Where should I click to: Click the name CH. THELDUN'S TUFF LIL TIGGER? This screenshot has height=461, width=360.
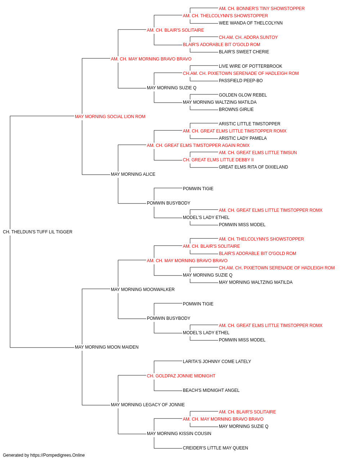click(x=37, y=232)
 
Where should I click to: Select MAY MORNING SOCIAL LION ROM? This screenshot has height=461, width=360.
click(x=110, y=117)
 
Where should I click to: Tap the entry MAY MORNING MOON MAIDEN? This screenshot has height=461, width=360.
click(x=107, y=347)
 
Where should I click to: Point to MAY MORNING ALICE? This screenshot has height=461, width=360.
click(x=133, y=174)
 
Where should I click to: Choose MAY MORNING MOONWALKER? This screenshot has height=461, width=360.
click(x=143, y=289)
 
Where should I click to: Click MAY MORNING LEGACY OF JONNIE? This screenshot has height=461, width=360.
click(x=148, y=404)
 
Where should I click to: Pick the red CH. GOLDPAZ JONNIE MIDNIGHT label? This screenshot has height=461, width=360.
click(x=181, y=376)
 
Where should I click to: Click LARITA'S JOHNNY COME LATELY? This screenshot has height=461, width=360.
click(x=217, y=362)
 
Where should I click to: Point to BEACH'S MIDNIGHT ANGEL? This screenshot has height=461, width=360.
click(x=211, y=390)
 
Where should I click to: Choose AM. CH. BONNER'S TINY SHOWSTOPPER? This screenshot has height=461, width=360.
click(x=262, y=9)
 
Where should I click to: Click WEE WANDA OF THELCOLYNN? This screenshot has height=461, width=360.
click(x=251, y=23)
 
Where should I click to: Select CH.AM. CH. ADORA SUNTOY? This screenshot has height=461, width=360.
click(x=248, y=37)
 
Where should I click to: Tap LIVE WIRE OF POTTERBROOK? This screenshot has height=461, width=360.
click(x=251, y=66)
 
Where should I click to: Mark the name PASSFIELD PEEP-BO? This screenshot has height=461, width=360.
click(x=240, y=81)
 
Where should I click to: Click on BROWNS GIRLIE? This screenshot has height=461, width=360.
click(x=236, y=109)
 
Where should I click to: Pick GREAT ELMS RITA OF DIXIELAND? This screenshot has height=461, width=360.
click(x=253, y=167)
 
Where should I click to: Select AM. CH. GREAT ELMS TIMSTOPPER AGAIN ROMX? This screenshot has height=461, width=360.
click(x=198, y=145)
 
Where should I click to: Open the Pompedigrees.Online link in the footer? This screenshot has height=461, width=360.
click(x=58, y=455)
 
